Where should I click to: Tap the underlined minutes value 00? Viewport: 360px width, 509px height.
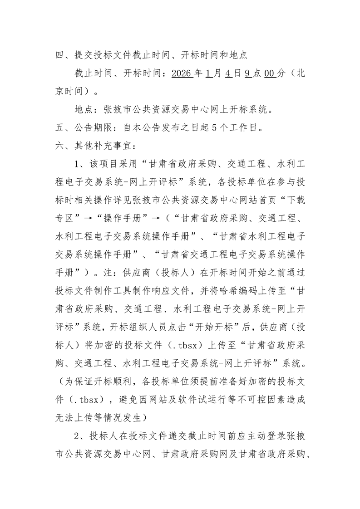[x=270, y=73]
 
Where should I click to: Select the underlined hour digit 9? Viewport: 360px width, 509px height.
[x=247, y=73]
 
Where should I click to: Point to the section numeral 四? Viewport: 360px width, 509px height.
[x=59, y=56]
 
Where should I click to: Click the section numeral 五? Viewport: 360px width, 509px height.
[x=59, y=127]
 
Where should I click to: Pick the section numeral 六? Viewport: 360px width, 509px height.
[x=59, y=146]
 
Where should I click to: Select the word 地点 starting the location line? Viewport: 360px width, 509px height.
[x=82, y=110]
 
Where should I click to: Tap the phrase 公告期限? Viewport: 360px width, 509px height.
[x=93, y=127]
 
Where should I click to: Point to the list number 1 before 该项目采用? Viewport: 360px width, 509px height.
[x=76, y=163]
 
